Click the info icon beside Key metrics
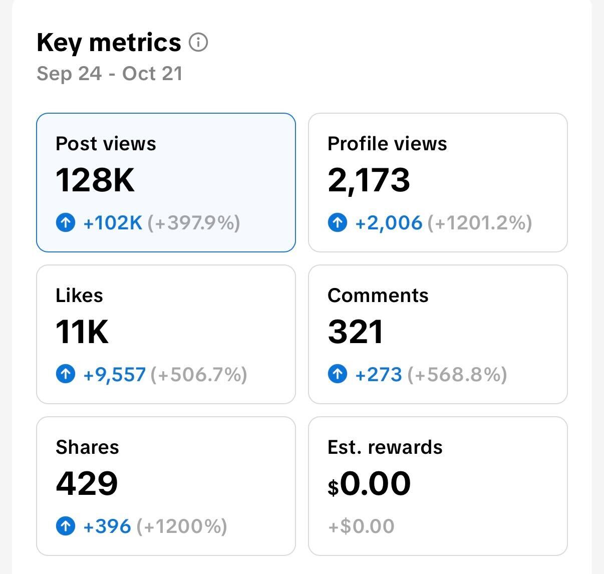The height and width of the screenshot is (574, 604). click(x=198, y=43)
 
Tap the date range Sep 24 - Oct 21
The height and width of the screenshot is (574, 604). click(x=110, y=74)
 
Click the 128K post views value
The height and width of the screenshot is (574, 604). click(x=95, y=180)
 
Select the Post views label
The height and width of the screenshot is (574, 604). click(x=106, y=144)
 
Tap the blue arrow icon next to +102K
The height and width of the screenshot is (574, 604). click(x=66, y=222)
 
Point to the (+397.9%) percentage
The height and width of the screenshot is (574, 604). click(x=194, y=222)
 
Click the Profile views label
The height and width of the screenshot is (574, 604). click(x=387, y=144)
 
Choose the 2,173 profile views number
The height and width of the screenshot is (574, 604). click(x=369, y=180)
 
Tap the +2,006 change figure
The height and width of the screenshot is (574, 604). click(x=389, y=222)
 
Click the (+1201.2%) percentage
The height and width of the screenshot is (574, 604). click(x=480, y=222)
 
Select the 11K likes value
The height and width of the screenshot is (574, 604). click(x=82, y=332)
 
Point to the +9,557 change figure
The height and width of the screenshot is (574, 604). click(x=115, y=374)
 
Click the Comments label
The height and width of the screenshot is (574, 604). click(x=378, y=296)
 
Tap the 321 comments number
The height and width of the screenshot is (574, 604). click(x=356, y=332)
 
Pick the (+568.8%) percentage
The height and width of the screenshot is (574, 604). click(x=457, y=374)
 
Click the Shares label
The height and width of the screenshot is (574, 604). click(x=87, y=447)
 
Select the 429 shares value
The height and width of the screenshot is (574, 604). click(x=87, y=483)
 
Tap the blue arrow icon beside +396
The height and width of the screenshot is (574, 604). click(x=66, y=526)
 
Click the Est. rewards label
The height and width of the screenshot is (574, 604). click(x=385, y=447)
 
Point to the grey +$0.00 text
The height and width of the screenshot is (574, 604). click(x=361, y=526)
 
